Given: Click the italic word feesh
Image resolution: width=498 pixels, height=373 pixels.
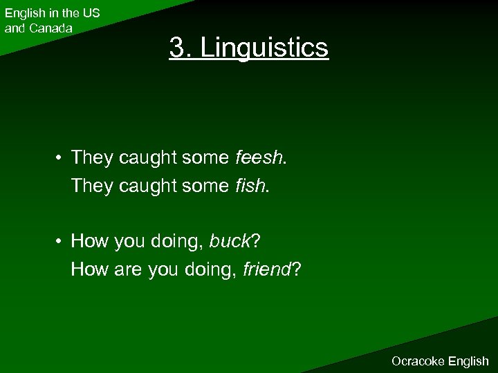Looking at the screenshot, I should [x=257, y=159].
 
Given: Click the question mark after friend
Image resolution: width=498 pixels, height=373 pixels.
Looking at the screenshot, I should [x=296, y=269].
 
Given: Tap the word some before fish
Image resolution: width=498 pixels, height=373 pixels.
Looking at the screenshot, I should [x=205, y=185].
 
